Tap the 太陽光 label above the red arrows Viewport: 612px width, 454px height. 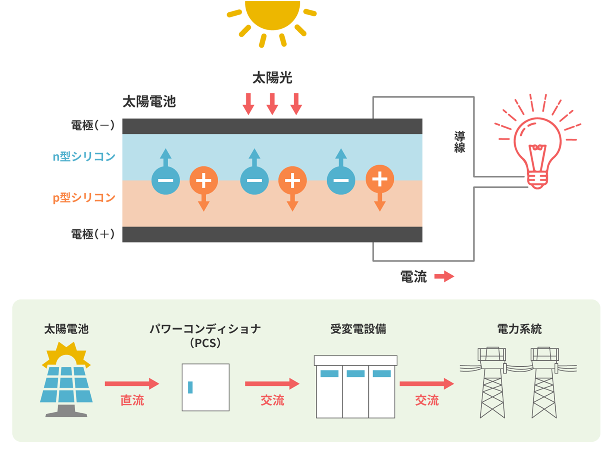point(272,78)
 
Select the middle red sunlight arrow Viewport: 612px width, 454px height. point(272,103)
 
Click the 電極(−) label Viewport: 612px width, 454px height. point(93,125)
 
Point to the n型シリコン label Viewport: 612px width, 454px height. point(84,156)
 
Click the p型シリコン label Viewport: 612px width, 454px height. point(84,197)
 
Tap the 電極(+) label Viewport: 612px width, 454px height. point(93,234)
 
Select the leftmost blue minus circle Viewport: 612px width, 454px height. point(166,180)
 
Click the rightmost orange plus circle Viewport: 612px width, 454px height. point(380,179)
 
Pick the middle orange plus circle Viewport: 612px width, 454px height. point(292,181)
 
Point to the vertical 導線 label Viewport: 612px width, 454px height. point(459,142)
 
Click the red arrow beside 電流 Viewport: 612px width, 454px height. point(444,276)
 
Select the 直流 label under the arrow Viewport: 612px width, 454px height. point(132,401)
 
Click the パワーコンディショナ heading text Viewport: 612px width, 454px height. point(205,329)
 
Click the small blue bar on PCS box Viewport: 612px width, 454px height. point(190,387)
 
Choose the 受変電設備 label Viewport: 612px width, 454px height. point(358,329)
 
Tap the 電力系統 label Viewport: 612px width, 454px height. point(519,329)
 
